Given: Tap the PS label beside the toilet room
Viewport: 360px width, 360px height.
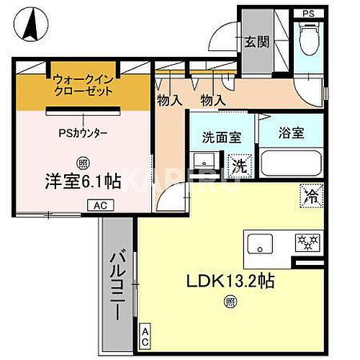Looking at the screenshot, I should click(x=308, y=14).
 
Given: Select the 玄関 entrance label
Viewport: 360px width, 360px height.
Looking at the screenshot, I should click(x=256, y=41).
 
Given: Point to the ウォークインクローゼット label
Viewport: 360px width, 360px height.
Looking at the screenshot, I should click(x=83, y=86).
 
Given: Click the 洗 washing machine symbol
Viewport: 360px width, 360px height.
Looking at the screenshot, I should click(x=236, y=164).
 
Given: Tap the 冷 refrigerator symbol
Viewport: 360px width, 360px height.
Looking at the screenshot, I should click(x=312, y=194).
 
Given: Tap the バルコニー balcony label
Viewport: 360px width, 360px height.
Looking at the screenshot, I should click(x=118, y=284).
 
